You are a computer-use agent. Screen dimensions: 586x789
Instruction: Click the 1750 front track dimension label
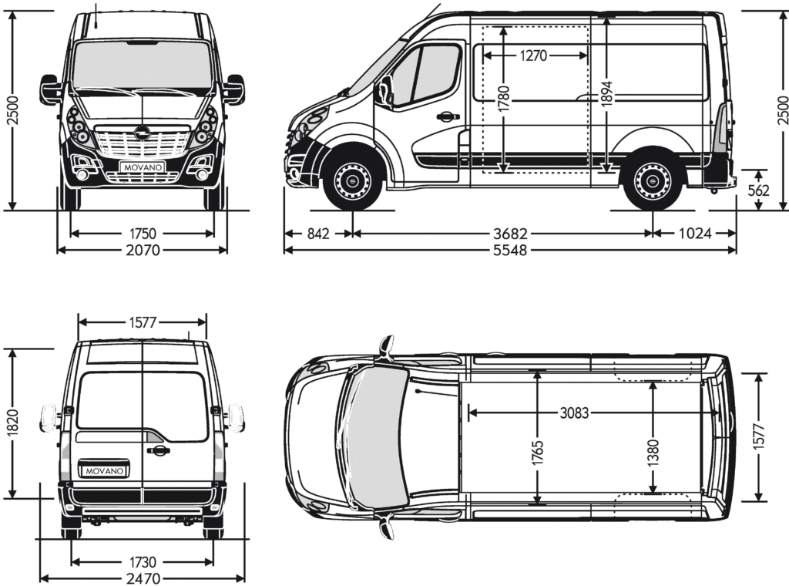[143, 233]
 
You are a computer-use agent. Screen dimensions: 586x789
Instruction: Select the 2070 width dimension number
[143, 250]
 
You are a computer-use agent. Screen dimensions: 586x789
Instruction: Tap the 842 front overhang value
[317, 233]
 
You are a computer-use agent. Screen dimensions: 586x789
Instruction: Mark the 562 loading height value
[759, 190]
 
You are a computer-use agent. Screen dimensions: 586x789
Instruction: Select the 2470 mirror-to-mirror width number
[143, 578]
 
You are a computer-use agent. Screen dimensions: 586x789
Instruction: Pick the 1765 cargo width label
[537, 456]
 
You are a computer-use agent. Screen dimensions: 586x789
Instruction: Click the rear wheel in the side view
[652, 182]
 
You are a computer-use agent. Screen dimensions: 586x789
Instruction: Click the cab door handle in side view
[445, 117]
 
